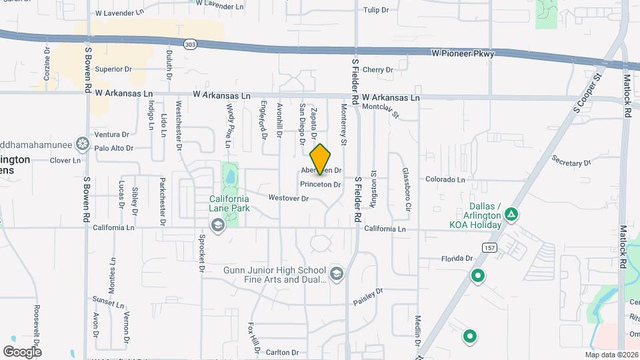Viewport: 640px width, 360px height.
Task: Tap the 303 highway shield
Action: coord(191,44)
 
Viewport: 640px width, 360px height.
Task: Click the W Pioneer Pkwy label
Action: coord(463,53)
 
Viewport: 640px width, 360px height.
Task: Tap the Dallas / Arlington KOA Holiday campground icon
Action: coord(511,214)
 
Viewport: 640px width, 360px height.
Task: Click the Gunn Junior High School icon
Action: coord(337,274)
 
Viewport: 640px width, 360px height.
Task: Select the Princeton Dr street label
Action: coord(321,185)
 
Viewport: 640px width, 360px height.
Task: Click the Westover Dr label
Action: coord(288,198)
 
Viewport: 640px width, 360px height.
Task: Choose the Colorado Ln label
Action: coord(445,179)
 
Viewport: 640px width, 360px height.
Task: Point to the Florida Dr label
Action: coord(457,258)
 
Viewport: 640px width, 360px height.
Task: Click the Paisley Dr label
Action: coord(369,297)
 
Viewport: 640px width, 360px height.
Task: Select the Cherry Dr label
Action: coord(377,69)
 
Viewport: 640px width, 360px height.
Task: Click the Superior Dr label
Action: coord(113,69)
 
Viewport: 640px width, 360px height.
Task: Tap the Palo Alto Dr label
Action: coord(113,148)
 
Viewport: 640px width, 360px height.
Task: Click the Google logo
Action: coord(22,351)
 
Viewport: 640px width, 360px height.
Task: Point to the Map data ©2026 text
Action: coord(611,355)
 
